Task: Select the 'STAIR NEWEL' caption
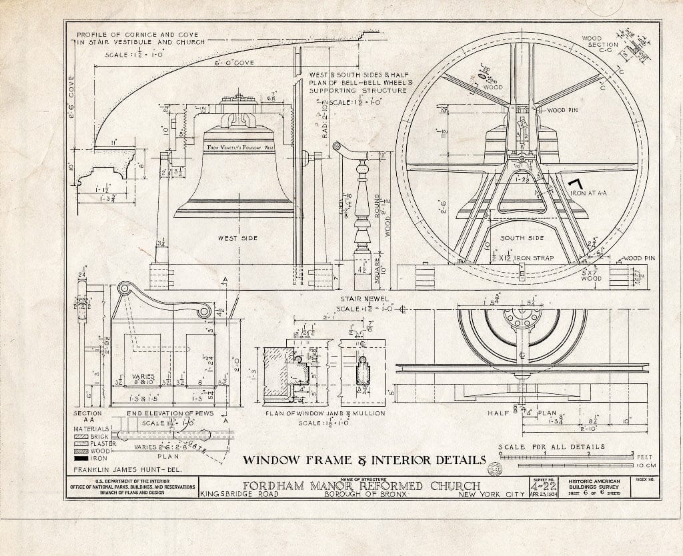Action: pyautogui.click(x=362, y=299)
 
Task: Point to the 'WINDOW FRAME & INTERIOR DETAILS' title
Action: pyautogui.click(x=364, y=459)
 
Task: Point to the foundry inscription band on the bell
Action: pyautogui.click(x=240, y=146)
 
